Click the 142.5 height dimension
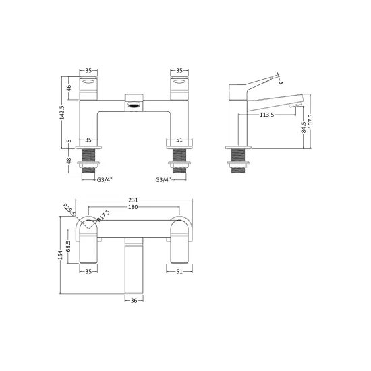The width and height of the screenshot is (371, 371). pos(63,113)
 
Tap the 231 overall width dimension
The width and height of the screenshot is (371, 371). pos(133,200)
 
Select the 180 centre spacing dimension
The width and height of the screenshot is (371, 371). pos(133,207)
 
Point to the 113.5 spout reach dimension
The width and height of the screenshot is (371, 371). pos(266,115)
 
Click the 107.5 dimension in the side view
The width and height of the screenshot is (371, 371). pos(310,121)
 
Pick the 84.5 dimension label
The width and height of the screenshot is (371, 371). pos(304,127)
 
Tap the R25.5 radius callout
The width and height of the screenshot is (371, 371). pos(69,210)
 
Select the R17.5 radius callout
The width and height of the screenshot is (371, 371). pos(103,216)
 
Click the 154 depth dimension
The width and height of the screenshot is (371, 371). pos(61,255)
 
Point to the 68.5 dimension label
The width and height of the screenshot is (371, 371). pos(68,246)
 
